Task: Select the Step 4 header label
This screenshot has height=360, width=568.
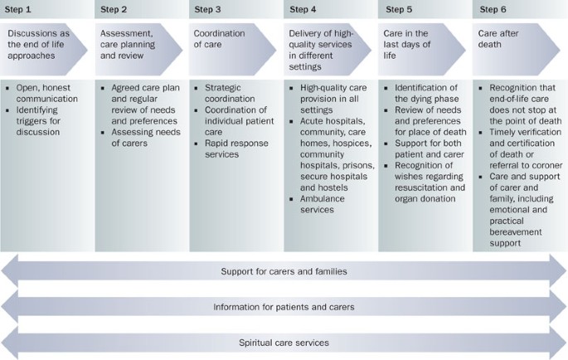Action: click(303, 9)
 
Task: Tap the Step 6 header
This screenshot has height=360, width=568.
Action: click(493, 9)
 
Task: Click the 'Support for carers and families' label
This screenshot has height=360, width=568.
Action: click(284, 271)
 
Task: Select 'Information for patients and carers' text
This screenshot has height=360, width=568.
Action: click(284, 306)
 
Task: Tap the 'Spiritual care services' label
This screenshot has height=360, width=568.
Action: click(284, 342)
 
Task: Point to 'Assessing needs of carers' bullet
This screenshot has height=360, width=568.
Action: click(141, 136)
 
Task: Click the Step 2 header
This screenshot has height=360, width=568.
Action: click(114, 9)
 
